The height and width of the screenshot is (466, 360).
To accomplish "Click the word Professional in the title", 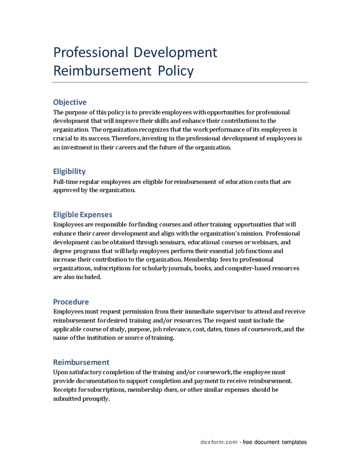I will (x=91, y=52).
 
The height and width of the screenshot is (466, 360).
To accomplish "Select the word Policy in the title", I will (x=176, y=70).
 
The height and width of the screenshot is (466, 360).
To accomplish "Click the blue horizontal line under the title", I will (x=180, y=82).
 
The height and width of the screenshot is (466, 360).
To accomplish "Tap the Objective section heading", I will (x=70, y=102).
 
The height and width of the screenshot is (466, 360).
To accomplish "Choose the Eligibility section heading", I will (x=69, y=171).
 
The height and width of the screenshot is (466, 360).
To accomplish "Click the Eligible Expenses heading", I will (x=82, y=214).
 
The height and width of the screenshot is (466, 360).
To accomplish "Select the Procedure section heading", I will (x=71, y=301).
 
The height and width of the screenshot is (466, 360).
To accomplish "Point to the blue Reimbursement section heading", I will (x=81, y=362).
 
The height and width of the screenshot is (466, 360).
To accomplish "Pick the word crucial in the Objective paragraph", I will (x=63, y=139).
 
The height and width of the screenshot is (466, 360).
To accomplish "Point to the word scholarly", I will (x=154, y=268).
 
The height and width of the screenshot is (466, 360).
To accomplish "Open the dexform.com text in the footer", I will (x=219, y=442).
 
